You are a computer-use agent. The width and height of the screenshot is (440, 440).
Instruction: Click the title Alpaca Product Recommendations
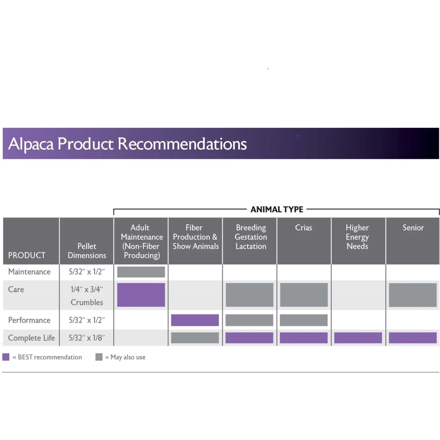(127, 144)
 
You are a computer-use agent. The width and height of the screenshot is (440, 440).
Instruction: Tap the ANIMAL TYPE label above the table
(277, 209)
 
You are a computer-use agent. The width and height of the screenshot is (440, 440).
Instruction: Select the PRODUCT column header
(27, 255)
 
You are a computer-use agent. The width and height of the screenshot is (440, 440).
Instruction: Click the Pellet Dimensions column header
(87, 251)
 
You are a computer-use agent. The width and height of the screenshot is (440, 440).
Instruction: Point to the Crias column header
(304, 228)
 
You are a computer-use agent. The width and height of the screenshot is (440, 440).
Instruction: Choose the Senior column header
(413, 228)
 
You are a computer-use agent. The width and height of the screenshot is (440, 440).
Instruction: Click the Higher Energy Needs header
(357, 237)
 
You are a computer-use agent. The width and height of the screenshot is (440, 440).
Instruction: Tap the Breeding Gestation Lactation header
(251, 237)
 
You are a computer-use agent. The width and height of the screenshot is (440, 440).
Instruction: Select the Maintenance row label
(29, 272)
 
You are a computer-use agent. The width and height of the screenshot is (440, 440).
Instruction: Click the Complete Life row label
(31, 338)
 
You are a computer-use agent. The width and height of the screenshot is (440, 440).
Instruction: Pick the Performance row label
(29, 320)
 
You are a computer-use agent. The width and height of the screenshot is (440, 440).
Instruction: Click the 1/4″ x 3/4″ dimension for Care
(87, 290)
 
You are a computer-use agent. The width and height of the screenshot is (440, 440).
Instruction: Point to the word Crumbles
(87, 302)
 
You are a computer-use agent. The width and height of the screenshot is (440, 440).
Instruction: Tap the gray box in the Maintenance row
(141, 272)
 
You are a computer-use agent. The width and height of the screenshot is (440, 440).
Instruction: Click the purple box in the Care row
(141, 295)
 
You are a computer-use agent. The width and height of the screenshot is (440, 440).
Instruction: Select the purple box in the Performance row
(195, 320)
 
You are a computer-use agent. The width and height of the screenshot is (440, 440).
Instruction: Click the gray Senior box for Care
(413, 295)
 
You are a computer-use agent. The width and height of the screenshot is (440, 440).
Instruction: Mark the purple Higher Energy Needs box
(358, 338)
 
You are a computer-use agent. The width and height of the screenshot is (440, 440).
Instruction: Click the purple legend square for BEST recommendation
(6, 357)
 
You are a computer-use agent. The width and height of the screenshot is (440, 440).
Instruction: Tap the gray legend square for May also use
(99, 357)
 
